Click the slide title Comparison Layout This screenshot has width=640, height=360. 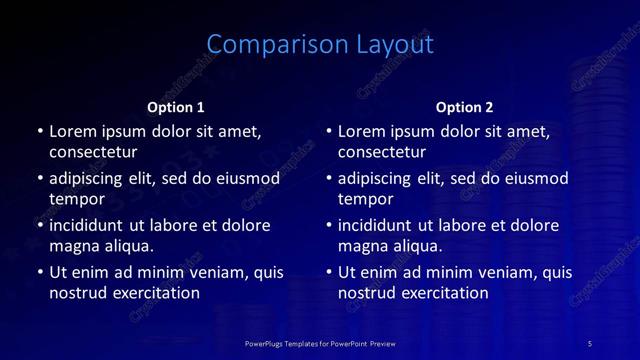pos(320,44)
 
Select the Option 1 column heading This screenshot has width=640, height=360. pos(176,106)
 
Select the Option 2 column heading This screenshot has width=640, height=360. pos(464,106)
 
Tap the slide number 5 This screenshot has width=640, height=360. pos(590,343)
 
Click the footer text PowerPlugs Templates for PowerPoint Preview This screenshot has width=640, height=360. pos(320,343)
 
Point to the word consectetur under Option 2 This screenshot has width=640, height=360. pos(382,152)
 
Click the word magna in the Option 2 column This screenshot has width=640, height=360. pos(362,246)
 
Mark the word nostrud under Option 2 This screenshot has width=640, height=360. pos(367,293)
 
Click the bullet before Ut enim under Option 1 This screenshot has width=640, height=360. pos(40,272)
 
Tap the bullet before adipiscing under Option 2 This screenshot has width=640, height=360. pos(329,179)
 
